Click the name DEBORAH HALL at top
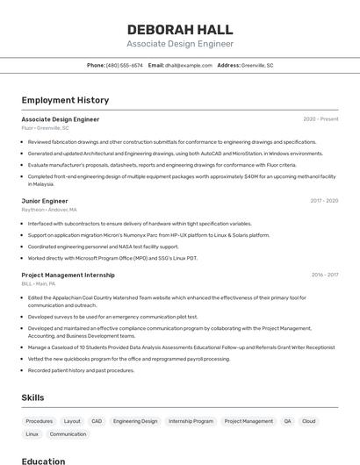pos(180,29)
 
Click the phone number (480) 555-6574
pos(124,65)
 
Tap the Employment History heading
pos(65,100)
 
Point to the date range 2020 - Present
pos(320,119)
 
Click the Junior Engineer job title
pos(45,201)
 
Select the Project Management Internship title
pos(68,275)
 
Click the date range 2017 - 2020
pos(324,201)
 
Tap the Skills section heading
pos(32,397)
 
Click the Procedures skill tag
pos(40,421)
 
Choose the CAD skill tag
pos(97,421)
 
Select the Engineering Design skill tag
pos(135,421)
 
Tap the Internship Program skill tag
pos(191,421)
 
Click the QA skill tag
pos(287,421)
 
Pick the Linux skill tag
pos(32,434)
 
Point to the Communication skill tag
pos(68,434)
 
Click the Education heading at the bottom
pos(43,461)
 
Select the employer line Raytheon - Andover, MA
pos(49,210)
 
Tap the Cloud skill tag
pos(308,421)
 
